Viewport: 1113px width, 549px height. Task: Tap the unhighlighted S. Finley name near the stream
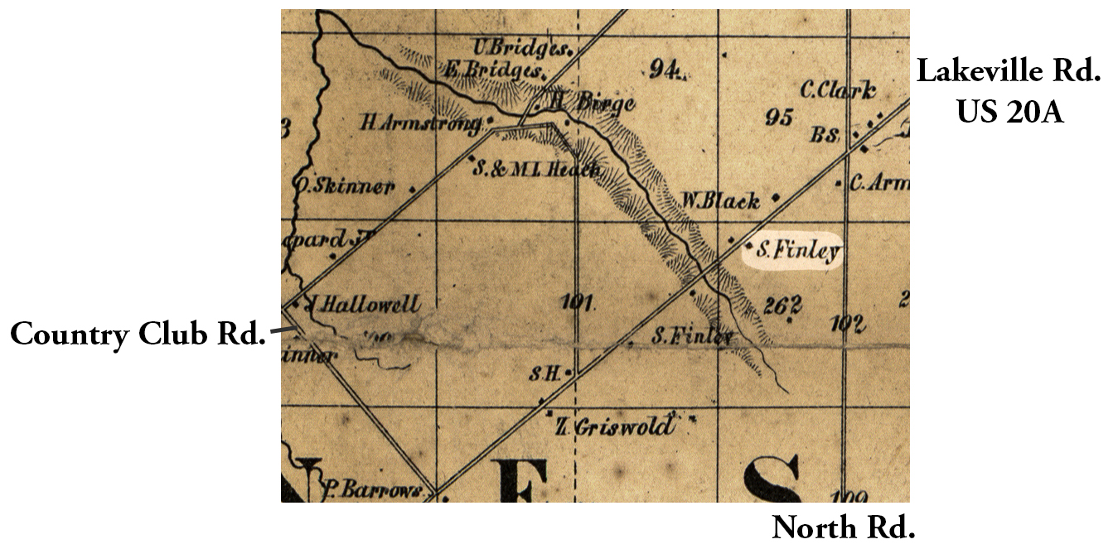pos(692,337)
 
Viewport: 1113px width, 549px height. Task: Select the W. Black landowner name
pos(719,200)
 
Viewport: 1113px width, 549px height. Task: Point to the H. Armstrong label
pos(421,123)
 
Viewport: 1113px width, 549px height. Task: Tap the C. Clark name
pos(838,90)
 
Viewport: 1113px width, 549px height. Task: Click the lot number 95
pos(779,117)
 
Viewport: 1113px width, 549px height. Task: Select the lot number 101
pos(577,301)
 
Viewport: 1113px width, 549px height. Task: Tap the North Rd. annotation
pos(843,527)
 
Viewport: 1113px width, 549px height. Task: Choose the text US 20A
pos(1009,110)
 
